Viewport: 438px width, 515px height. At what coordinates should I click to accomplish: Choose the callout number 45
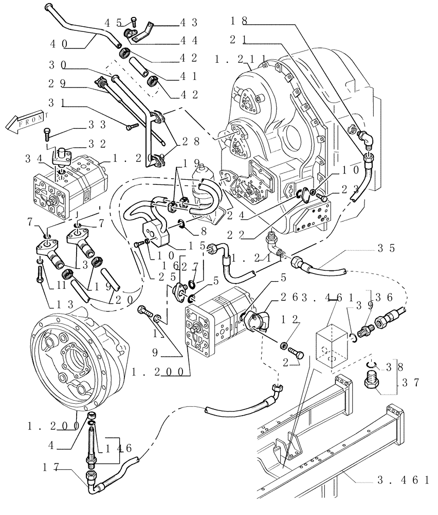click(x=114, y=22)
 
